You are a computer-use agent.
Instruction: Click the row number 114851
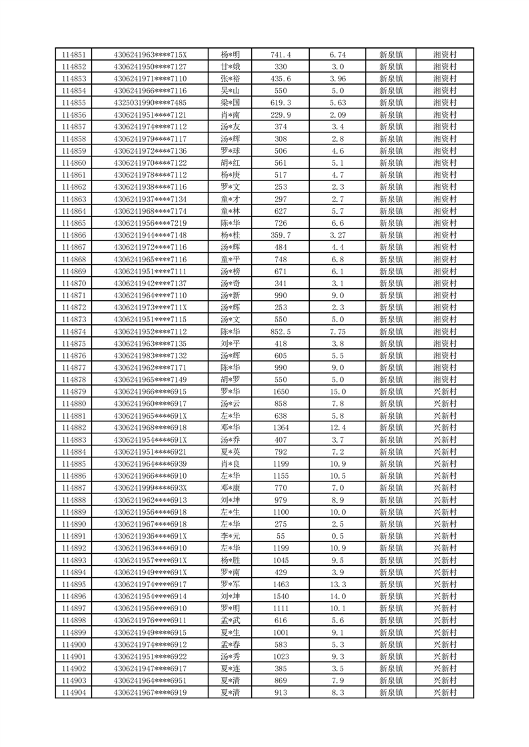click(x=73, y=55)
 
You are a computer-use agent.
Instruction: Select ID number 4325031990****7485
click(x=150, y=103)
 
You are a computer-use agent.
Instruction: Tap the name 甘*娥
click(x=230, y=67)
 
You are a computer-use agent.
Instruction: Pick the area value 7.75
click(x=338, y=332)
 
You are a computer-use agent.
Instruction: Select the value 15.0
click(x=338, y=391)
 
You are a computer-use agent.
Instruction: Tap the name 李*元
click(x=230, y=536)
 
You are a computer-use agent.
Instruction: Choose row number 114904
click(x=73, y=692)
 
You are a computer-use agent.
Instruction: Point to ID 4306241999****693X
click(x=150, y=488)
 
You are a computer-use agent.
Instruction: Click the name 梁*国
click(x=230, y=103)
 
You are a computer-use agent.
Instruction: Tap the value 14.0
click(x=338, y=597)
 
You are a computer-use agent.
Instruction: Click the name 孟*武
click(x=230, y=621)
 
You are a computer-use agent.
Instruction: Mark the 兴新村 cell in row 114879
click(x=444, y=391)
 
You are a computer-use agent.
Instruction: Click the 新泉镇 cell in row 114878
click(x=390, y=379)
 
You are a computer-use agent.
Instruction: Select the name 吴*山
click(x=230, y=91)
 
